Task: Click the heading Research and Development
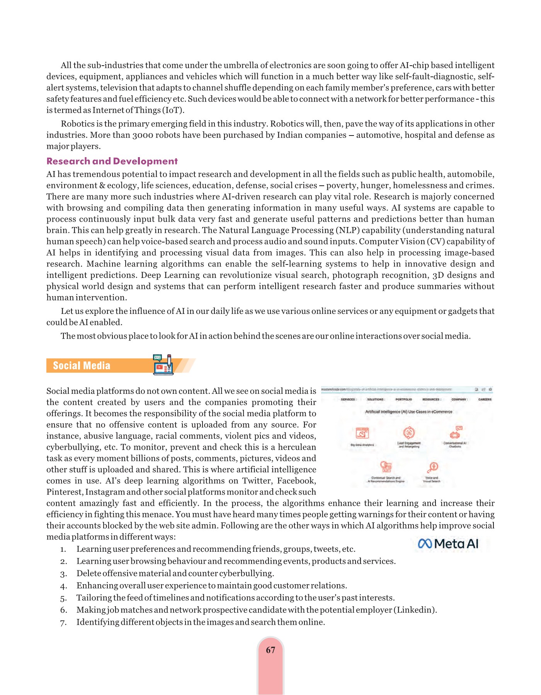point(112,161)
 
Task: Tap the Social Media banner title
point(82,366)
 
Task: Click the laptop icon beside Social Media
point(163,365)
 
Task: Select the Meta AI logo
point(448,544)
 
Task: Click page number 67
point(270,650)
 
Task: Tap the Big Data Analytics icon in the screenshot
point(362,433)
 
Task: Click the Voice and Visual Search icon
point(432,467)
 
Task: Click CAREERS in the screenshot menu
point(485,399)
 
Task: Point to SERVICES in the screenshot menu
point(348,399)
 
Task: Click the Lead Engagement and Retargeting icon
point(409,432)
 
